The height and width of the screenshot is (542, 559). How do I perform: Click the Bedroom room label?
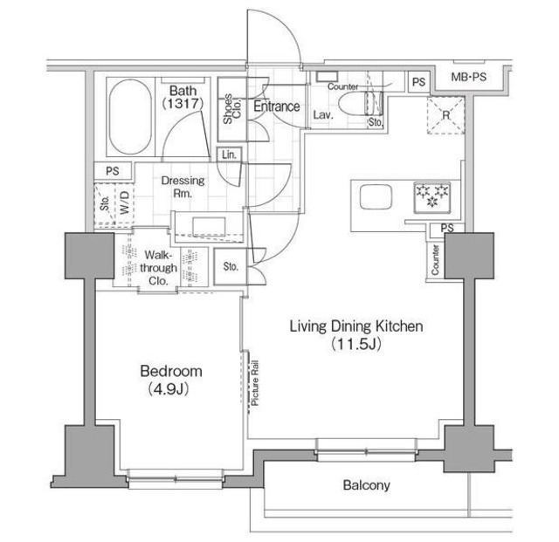point(171,370)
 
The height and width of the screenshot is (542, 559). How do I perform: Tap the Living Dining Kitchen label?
point(356,326)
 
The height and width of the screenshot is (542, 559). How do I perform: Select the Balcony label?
point(366,485)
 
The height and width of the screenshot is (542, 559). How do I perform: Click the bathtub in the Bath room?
point(131,117)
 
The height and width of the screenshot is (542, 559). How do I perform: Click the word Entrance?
point(276,106)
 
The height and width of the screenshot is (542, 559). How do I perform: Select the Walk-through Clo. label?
point(162,268)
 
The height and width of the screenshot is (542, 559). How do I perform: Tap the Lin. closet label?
point(229,154)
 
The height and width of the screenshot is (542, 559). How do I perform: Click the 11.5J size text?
point(356,344)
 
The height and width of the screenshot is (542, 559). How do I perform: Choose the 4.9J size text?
point(171,387)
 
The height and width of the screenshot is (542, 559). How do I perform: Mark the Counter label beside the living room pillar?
point(434,258)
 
